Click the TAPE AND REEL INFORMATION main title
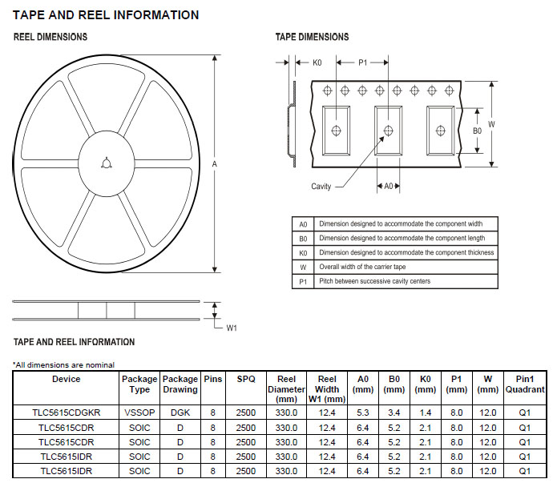coord(106,15)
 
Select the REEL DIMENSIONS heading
coord(50,37)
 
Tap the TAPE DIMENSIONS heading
coord(313,37)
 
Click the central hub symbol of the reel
coord(107,163)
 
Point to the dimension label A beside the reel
coord(215,164)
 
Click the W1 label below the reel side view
coord(232,328)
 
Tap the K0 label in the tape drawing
coord(317,62)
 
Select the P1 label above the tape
coord(363,62)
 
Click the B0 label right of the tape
coord(477,131)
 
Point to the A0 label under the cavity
coord(389,186)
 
